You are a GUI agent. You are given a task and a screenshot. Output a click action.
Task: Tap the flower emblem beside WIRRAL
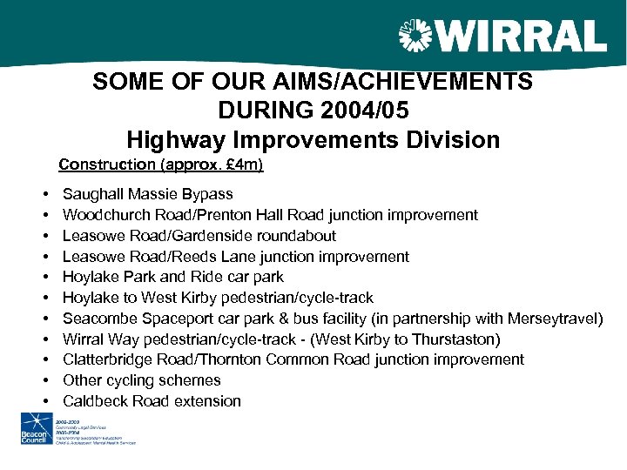tap(414, 37)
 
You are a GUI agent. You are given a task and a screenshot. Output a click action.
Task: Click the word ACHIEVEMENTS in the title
tap(421, 82)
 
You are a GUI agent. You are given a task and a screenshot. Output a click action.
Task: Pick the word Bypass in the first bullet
tap(210, 194)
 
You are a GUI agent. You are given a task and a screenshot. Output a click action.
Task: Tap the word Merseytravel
tap(555, 319)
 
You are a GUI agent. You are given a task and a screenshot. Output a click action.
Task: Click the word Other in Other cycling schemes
tap(82, 380)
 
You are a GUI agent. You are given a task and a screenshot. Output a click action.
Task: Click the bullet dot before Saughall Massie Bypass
tap(44, 194)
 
